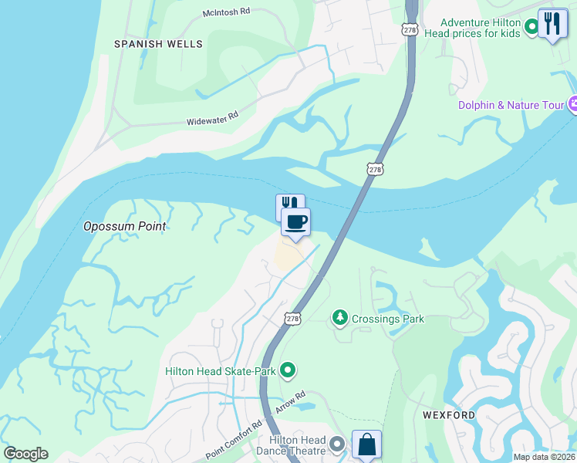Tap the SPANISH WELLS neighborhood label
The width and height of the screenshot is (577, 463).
(158, 44)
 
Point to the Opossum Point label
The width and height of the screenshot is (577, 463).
(125, 227)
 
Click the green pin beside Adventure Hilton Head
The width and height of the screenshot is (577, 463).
(531, 28)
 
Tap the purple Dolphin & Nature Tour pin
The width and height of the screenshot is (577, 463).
(573, 103)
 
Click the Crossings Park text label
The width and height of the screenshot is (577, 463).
(387, 319)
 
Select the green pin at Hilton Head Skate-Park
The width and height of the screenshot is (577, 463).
(288, 371)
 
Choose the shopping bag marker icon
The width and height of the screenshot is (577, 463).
(366, 444)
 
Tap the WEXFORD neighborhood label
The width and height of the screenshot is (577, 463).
(449, 415)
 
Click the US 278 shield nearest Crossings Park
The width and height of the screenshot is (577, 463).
(292, 318)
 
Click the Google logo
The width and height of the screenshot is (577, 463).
(25, 453)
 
